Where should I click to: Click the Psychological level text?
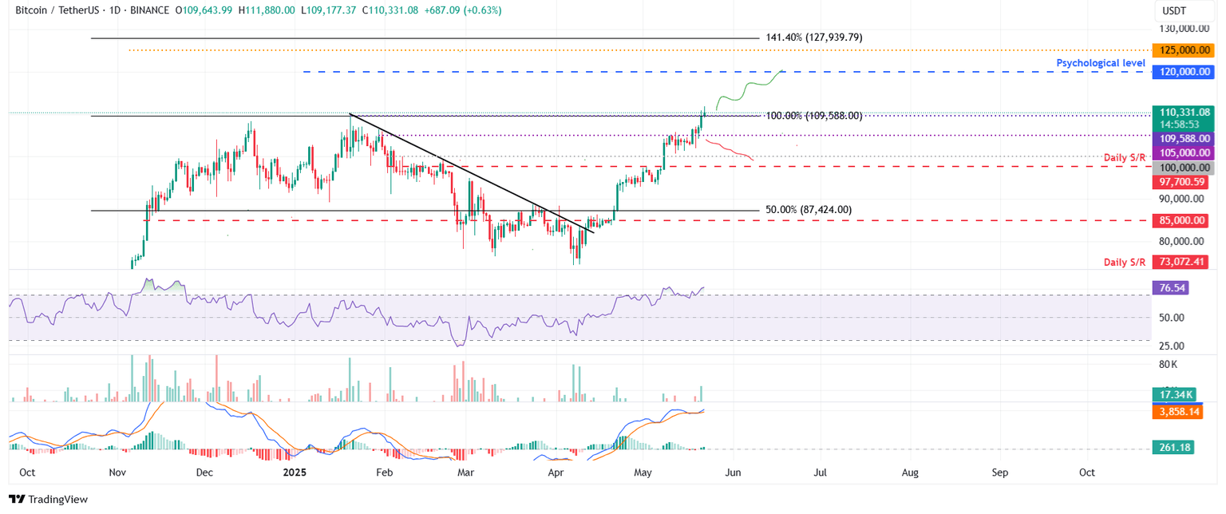[x=1100, y=63]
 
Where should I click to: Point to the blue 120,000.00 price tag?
[x=1183, y=72]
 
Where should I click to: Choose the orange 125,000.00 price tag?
[x=1183, y=50]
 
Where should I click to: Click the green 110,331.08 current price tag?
[x=1183, y=113]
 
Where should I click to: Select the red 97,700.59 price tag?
[x=1183, y=182]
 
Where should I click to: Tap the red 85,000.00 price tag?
[x=1183, y=220]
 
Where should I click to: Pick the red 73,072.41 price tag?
[x=1183, y=261]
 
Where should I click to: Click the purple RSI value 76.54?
[x=1171, y=287]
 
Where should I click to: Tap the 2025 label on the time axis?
[x=293, y=472]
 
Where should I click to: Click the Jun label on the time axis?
[x=733, y=472]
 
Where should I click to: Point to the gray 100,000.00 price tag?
[x=1183, y=168]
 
